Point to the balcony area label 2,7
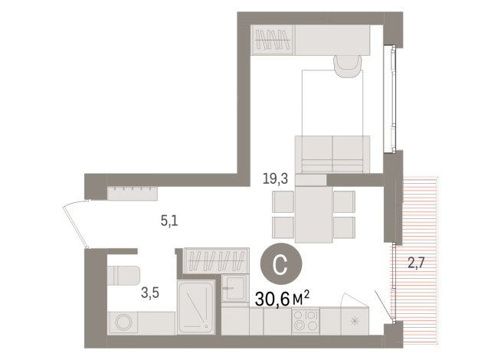coord(416,265)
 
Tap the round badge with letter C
coord(280,264)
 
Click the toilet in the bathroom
coord(123,274)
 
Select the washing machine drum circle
coord(122,322)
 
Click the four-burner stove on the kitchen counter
coord(304,321)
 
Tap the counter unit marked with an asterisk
coord(354,320)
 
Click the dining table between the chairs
coord(314,213)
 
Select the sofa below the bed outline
coord(332,153)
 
